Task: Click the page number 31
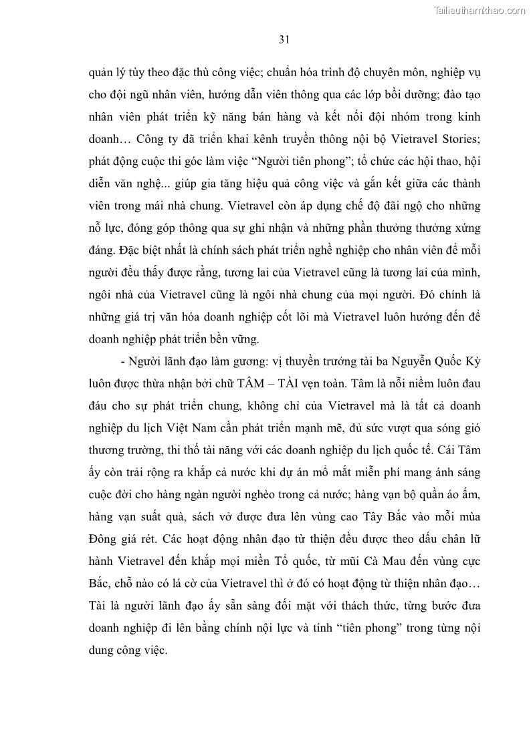tap(284, 39)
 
